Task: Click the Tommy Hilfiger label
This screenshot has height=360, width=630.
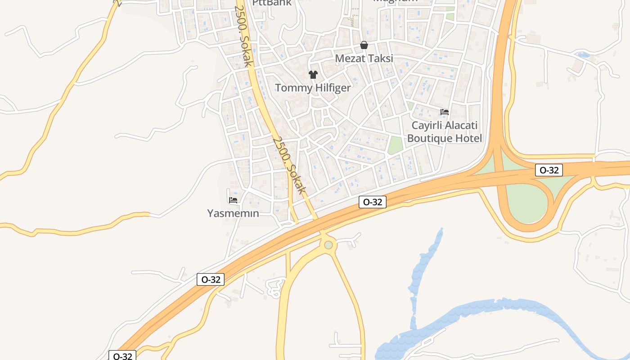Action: [x=312, y=88]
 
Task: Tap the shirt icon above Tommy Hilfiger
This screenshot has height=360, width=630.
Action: [x=313, y=74]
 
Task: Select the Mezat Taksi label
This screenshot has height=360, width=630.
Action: [x=364, y=58]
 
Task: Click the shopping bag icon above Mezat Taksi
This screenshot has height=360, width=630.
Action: [x=364, y=45]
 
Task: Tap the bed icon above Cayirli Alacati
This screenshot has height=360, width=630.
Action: [x=445, y=112]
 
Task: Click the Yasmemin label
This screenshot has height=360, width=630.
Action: [x=233, y=213]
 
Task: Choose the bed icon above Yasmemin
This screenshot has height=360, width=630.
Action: [x=233, y=200]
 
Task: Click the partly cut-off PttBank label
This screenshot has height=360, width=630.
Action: [x=272, y=3]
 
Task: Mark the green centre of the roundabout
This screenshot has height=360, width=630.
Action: [x=328, y=245]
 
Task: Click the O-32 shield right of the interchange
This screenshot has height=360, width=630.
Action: [x=549, y=170]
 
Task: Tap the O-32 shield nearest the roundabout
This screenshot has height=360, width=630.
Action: [x=373, y=202]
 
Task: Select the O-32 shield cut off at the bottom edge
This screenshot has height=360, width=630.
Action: [x=122, y=356]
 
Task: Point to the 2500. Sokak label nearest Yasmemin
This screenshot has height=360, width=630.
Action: [x=289, y=166]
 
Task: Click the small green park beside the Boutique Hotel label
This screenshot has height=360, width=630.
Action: [x=395, y=145]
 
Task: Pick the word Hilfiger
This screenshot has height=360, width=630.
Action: [x=332, y=88]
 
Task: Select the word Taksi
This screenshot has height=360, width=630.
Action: [x=380, y=58]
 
